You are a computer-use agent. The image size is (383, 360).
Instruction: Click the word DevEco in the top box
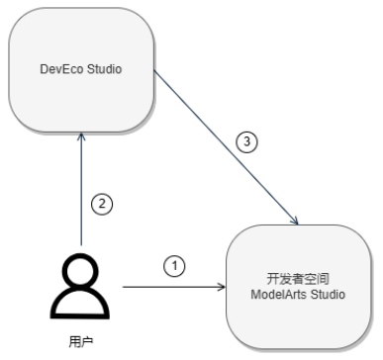pos(61,69)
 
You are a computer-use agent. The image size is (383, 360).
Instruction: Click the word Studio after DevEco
pos(104,69)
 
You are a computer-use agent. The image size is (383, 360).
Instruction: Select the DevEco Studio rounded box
pos(81,70)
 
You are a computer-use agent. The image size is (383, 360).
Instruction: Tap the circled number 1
pos(174,266)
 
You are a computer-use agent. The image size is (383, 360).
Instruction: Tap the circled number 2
pos(102,204)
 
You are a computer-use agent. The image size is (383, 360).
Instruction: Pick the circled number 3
pos(247,141)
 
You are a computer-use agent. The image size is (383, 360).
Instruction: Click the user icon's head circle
pos(80,271)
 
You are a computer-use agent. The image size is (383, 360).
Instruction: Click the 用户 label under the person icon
pos(81,342)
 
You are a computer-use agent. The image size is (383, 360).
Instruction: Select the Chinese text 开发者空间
pos(298,279)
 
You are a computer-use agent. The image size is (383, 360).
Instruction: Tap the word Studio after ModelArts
pos(329,294)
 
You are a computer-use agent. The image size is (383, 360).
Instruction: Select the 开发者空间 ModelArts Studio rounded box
pos(299,287)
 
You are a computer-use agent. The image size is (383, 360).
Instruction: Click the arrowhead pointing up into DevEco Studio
pos(81,135)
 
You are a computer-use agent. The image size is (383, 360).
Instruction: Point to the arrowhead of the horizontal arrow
pos(223,287)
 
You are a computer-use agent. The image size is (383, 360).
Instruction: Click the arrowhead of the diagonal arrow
pos(295,221)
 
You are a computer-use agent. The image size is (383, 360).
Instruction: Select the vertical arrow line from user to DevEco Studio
pos(81,189)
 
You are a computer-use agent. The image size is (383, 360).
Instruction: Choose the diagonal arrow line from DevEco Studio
pos(227,147)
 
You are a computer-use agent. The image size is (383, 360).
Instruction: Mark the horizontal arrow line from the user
pos(174,287)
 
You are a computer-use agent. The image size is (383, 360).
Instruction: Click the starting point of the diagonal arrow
pos(154,70)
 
